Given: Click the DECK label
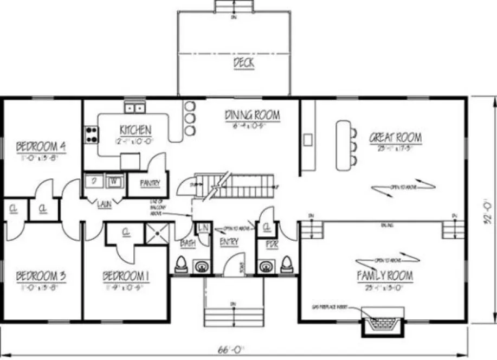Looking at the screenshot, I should [x=244, y=63].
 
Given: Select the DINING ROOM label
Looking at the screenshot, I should [x=253, y=115].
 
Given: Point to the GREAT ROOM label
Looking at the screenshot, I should [x=395, y=137].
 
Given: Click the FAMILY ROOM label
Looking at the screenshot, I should [x=384, y=276].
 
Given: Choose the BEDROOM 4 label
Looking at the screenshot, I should [x=41, y=146].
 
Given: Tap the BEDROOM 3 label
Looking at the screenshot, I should [x=41, y=276].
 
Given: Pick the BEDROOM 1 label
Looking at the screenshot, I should [x=126, y=277].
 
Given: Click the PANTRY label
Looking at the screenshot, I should [x=150, y=183].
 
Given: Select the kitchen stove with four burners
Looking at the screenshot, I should [x=91, y=134].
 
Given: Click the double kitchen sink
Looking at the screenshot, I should [x=134, y=108].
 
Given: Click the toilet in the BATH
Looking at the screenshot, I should [x=181, y=265].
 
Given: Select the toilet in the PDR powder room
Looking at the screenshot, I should [x=287, y=265].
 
